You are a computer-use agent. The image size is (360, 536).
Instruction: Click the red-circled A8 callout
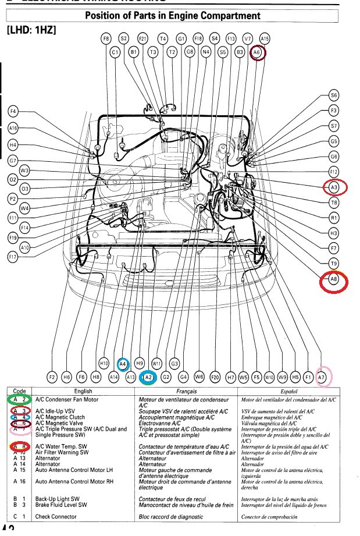click(334, 281)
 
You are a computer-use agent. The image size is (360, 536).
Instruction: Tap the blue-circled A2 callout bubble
click(148, 377)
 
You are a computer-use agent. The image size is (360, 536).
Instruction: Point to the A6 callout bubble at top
click(258, 53)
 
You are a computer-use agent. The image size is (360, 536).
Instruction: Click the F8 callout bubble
click(106, 38)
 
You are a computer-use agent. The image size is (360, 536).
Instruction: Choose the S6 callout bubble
click(333, 95)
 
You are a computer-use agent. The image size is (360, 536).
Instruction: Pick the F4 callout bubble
click(13, 111)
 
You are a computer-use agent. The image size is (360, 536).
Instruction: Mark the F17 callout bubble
click(13, 257)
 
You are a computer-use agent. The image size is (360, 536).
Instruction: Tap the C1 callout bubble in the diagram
click(115, 52)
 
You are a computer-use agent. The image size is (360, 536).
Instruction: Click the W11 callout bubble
click(156, 363)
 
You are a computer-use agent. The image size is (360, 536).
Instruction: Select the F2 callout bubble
click(52, 377)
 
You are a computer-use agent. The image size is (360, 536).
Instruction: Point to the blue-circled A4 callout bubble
click(123, 363)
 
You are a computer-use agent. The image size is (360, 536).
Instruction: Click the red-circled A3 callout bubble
click(334, 187)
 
